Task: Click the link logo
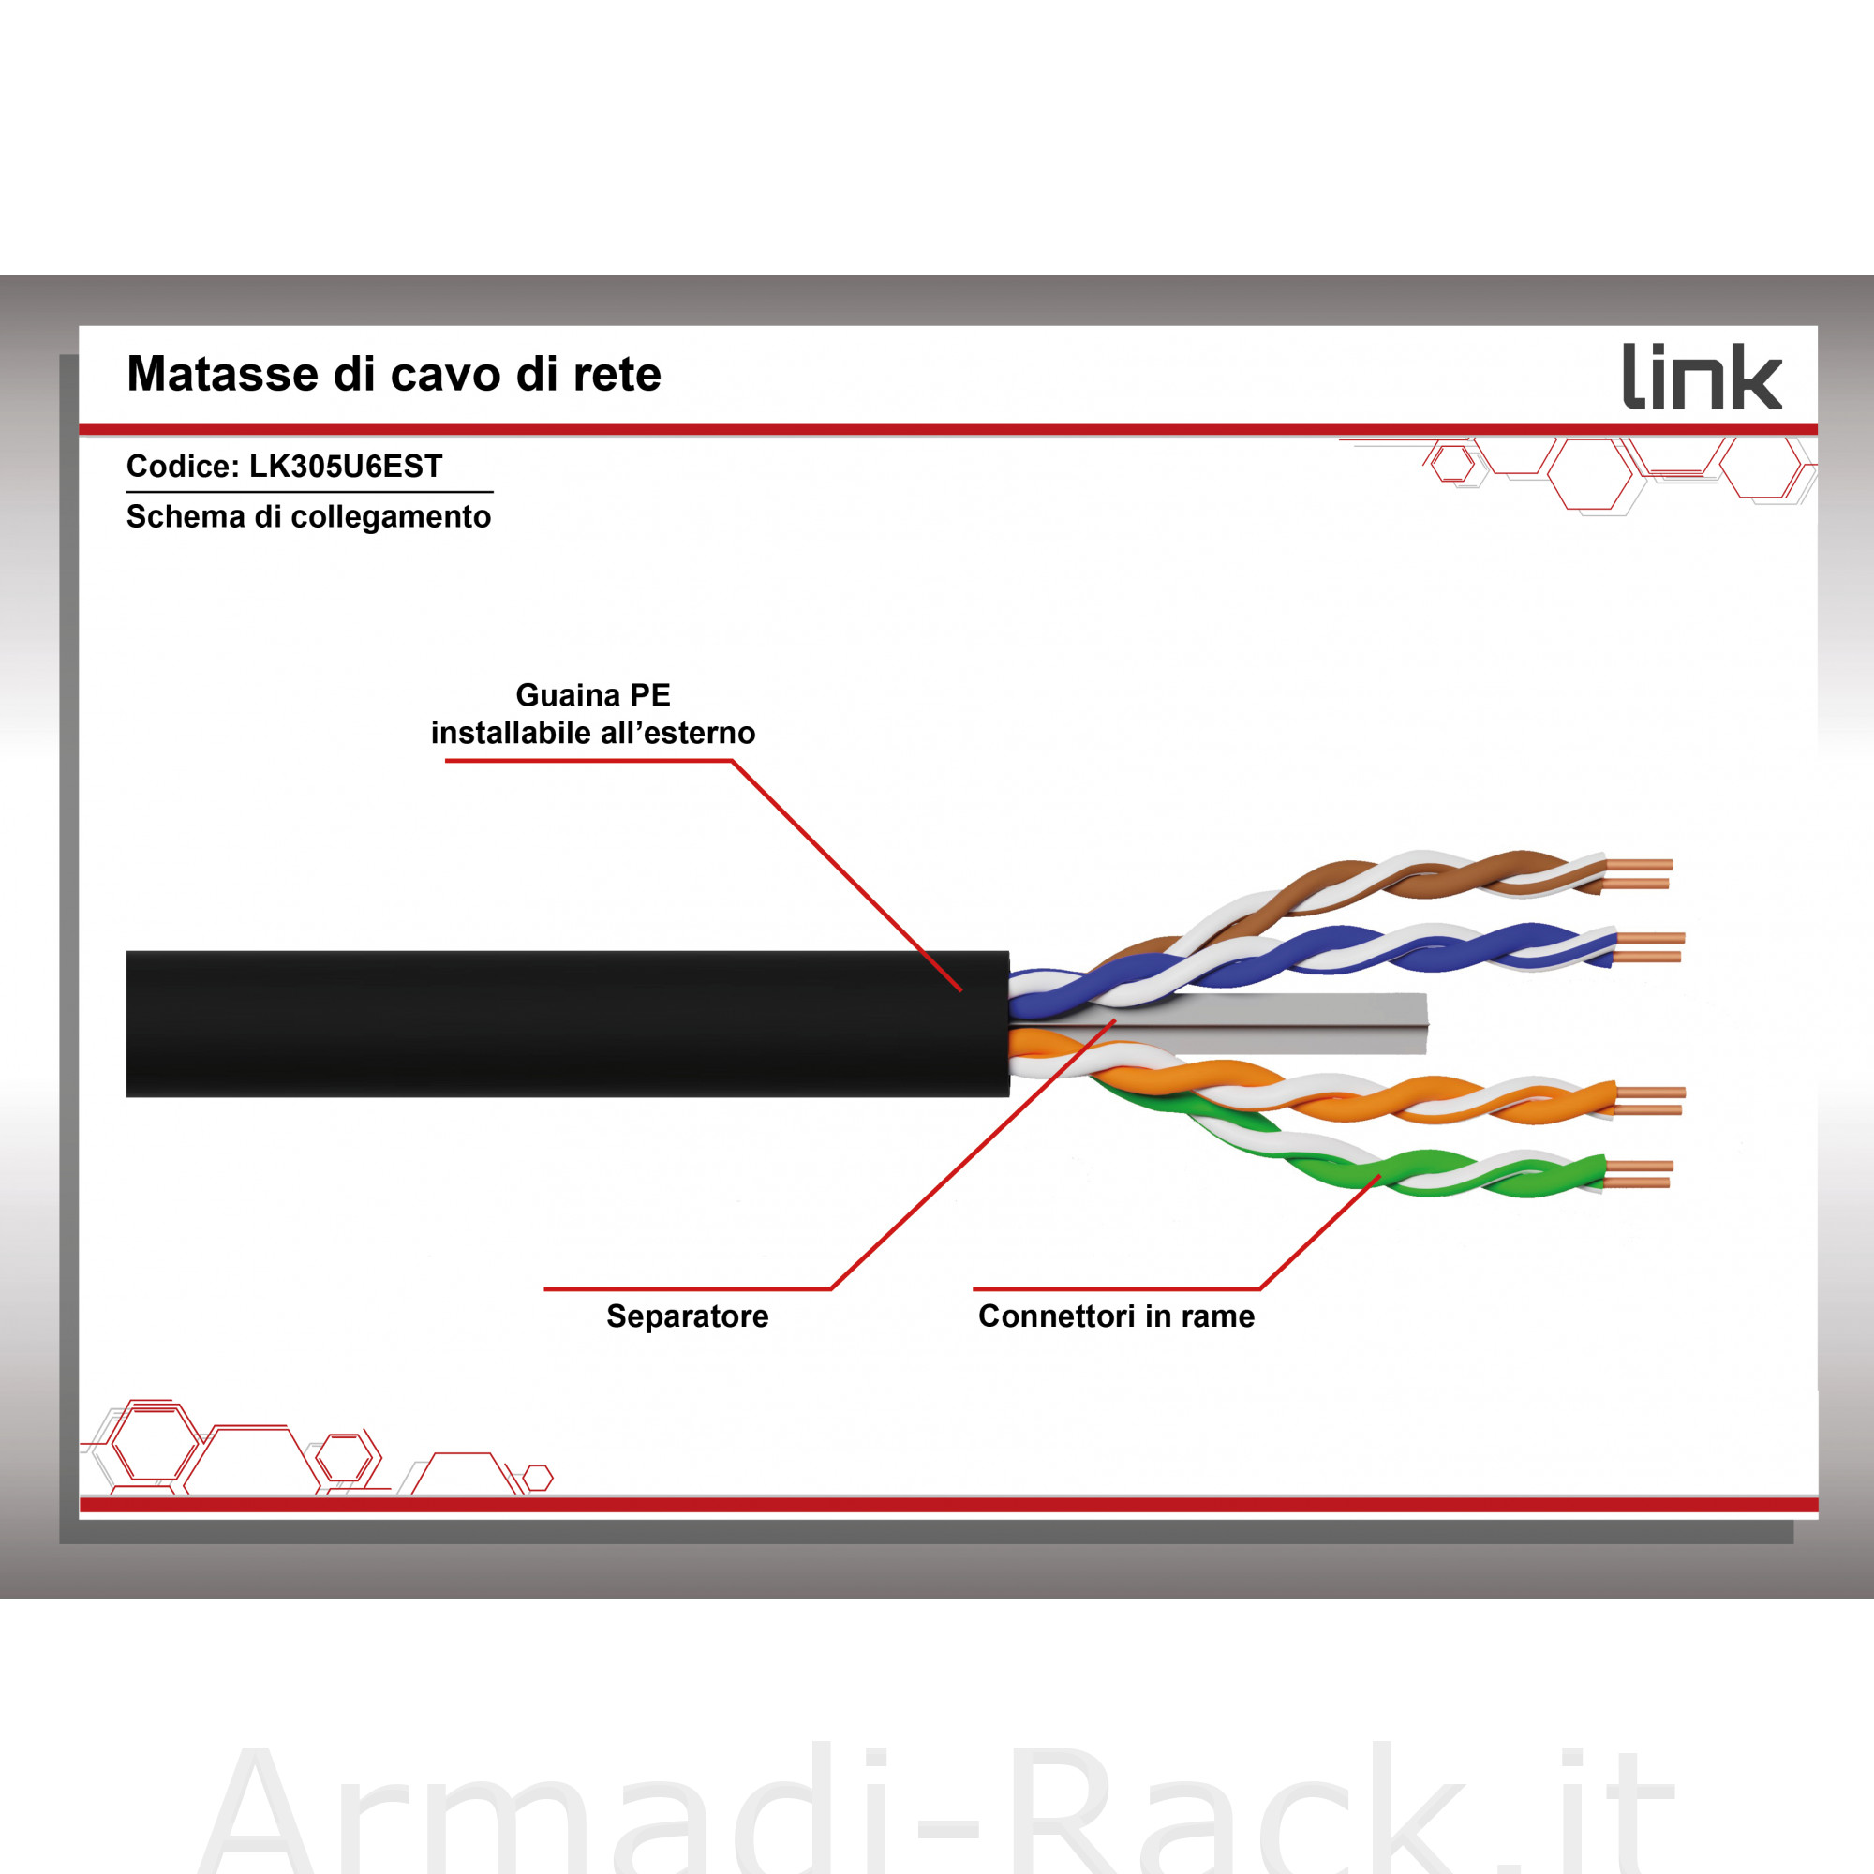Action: pyautogui.click(x=1703, y=377)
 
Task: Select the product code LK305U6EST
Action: pyautogui.click(x=346, y=467)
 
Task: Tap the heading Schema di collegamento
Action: pyautogui.click(x=308, y=517)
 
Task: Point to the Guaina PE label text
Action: pyautogui.click(x=593, y=695)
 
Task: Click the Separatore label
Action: pyautogui.click(x=687, y=1316)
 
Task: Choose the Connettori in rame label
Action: pyautogui.click(x=1115, y=1316)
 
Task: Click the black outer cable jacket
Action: pyautogui.click(x=568, y=1023)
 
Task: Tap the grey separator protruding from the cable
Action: pyautogui.click(x=1261, y=1022)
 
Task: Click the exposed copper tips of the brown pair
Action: pyautogui.click(x=1638, y=874)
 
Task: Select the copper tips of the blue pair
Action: pyautogui.click(x=1650, y=947)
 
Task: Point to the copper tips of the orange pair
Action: pyautogui.click(x=1650, y=1102)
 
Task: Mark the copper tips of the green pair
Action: pyautogui.click(x=1638, y=1174)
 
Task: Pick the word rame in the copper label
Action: pyautogui.click(x=1217, y=1316)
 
